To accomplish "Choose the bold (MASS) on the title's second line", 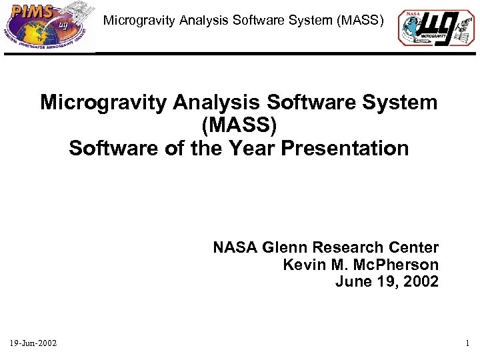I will (x=238, y=125).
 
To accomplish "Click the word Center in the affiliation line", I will (x=415, y=248).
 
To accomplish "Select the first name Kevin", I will (x=302, y=265).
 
